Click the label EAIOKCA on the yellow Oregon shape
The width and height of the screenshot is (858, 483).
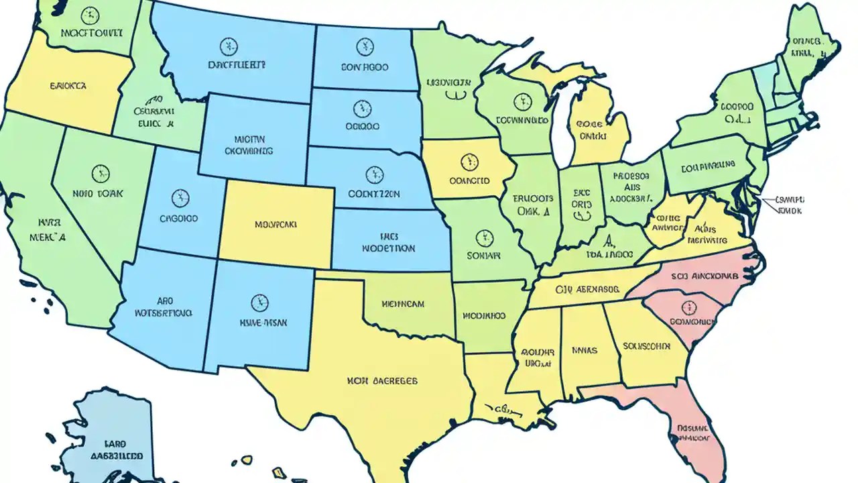tap(67, 87)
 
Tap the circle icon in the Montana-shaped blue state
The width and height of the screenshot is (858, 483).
tap(228, 46)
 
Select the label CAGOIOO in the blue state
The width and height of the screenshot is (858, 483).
tap(178, 219)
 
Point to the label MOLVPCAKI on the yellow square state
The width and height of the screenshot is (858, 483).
tap(275, 225)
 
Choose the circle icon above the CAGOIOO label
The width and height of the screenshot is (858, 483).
tap(180, 198)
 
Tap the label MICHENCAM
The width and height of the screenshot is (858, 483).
tap(403, 304)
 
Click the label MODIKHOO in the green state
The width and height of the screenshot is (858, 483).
tap(484, 315)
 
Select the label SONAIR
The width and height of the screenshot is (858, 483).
tap(483, 256)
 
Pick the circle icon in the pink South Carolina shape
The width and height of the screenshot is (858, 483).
tap(688, 308)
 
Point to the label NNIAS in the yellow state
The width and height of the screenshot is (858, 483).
tap(585, 350)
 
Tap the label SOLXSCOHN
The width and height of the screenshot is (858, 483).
tap(646, 347)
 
